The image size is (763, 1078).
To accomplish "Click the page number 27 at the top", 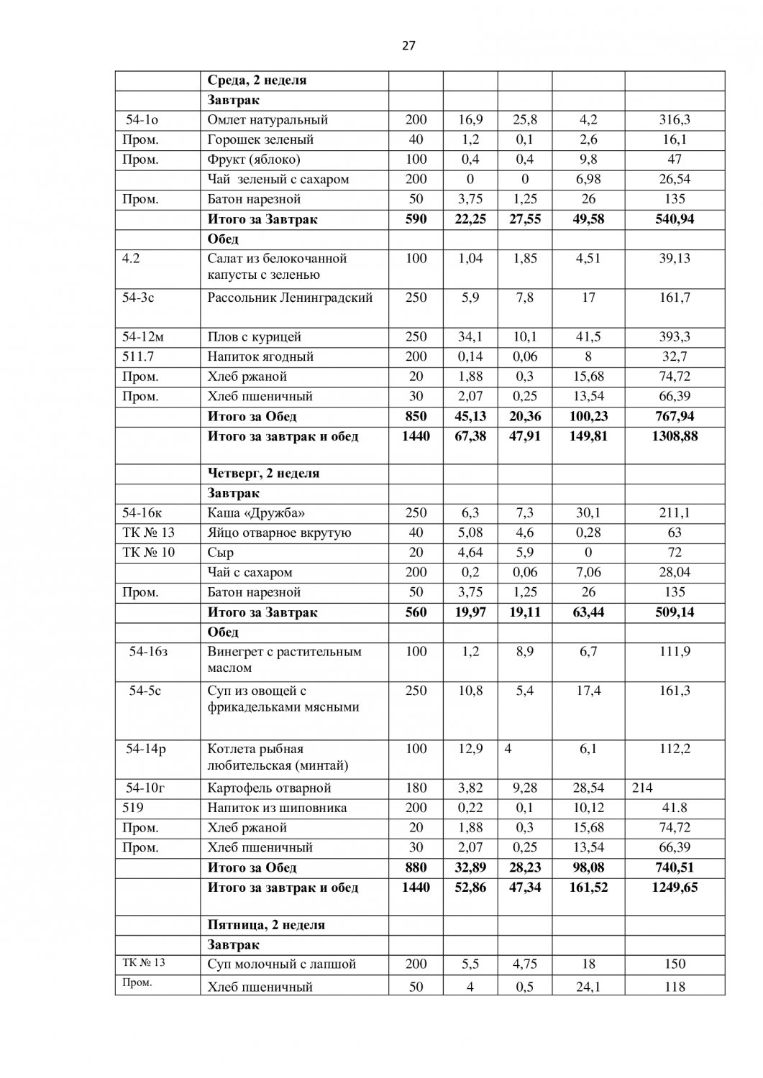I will coord(408,46).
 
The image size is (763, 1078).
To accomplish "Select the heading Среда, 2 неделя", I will coord(257,80).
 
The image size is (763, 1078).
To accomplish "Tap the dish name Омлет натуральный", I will coord(268,120).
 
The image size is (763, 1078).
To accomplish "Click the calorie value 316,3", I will coord(675,120).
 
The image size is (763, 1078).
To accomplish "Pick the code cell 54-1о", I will coord(142,120).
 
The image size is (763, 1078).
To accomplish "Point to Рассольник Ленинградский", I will coord(290,298).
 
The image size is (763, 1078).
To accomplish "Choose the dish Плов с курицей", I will coord(254,337).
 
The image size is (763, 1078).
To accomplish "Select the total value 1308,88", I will coord(675,436).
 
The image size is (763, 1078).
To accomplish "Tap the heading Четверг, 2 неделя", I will coord(263,474).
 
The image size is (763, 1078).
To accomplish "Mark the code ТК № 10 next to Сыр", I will coord(149,553).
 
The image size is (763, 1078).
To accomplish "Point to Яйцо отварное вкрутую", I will coord(279,533).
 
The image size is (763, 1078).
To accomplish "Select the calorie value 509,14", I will coord(675,612).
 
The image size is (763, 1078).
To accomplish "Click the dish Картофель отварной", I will coord(269,788).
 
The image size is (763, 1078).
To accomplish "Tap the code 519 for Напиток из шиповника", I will coord(133,808).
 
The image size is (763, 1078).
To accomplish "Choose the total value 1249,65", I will coord(675,888).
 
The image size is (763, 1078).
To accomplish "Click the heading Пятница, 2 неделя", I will coord(266,925).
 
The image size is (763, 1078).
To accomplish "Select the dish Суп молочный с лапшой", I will coord(281,964).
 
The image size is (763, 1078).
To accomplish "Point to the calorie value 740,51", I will coord(675,867).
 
